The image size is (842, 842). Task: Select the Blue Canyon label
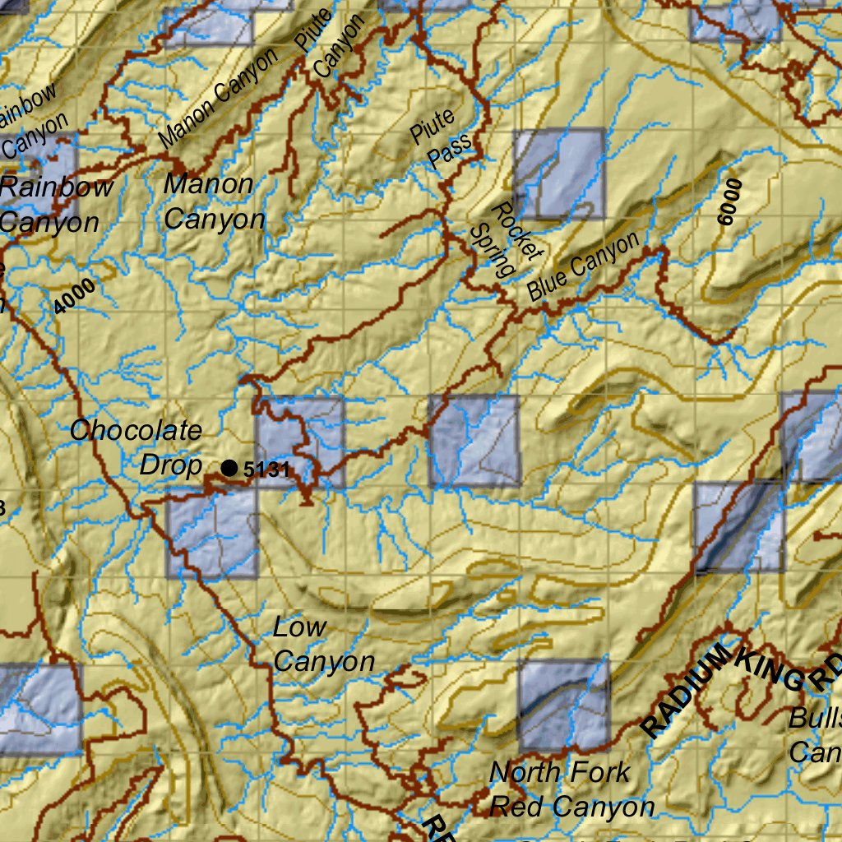583,266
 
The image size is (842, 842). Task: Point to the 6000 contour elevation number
729,201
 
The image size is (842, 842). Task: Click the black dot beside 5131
229,468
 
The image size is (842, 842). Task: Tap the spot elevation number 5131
267,470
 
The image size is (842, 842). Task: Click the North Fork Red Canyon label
571,789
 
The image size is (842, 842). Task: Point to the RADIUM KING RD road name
740,687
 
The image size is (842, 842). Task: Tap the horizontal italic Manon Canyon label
213,201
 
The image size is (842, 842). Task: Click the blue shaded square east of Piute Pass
559,173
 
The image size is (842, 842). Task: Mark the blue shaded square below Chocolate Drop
212,533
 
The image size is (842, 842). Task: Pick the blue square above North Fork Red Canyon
563,702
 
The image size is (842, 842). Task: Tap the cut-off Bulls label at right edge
814,733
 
